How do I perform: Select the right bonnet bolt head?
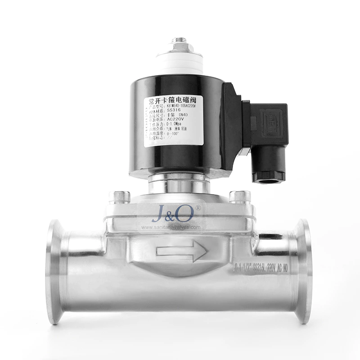239,197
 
